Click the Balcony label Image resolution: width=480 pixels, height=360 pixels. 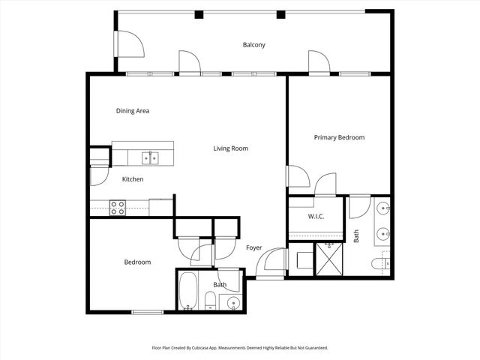coord(253,45)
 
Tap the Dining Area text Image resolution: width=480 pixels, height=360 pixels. coord(132,111)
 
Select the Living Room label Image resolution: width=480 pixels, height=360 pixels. coord(230,148)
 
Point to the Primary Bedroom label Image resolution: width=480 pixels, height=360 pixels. coord(339,137)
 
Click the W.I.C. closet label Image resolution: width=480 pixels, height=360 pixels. coord(316,217)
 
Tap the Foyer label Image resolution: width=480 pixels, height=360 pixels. coord(253,247)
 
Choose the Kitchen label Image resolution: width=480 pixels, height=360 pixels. coord(133,179)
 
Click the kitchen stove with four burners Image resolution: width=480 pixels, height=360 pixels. coord(118,208)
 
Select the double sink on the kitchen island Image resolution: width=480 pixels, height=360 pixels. coord(151,157)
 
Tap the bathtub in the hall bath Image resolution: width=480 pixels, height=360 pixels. coord(188,292)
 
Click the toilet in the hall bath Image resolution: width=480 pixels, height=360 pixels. coord(211,302)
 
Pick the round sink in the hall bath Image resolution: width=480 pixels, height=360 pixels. coord(233,304)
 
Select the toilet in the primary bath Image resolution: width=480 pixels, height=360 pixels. coord(380,263)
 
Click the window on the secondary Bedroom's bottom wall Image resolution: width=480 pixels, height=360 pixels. coord(147,312)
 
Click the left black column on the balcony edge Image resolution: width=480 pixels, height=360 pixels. coord(199,14)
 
